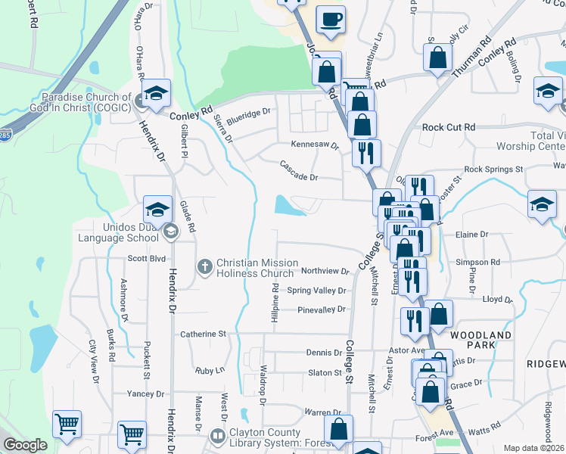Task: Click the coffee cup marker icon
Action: tap(331, 19)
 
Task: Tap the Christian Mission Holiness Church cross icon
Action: tap(204, 266)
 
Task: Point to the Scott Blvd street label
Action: tap(145, 258)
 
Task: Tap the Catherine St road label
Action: tap(203, 334)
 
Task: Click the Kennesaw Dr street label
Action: tap(316, 145)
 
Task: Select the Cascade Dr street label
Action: tap(299, 171)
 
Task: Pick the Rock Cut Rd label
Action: tap(449, 128)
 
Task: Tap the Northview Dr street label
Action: tap(324, 271)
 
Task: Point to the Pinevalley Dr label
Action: tap(321, 309)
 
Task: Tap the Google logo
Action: tap(24, 445)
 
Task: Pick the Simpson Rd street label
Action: tap(484, 262)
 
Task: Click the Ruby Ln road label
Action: tap(210, 371)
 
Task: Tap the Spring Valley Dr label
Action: tap(316, 291)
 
